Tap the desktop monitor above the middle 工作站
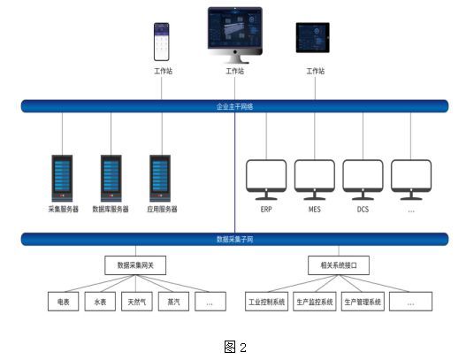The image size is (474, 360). click(x=234, y=32)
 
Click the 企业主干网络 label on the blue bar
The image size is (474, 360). click(x=235, y=106)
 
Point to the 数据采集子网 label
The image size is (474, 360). click(x=235, y=239)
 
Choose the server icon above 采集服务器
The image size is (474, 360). click(x=63, y=178)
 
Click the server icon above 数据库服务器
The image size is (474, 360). click(x=111, y=178)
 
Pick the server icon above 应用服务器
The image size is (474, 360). click(x=161, y=178)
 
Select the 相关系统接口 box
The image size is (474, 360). click(x=339, y=264)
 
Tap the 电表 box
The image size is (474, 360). click(x=64, y=303)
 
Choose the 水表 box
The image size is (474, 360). click(x=100, y=303)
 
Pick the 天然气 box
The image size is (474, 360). click(x=136, y=303)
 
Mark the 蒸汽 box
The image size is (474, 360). click(x=172, y=303)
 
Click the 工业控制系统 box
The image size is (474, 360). click(x=266, y=303)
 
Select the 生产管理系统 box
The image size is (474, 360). click(x=363, y=303)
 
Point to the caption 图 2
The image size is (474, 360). click(x=235, y=346)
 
